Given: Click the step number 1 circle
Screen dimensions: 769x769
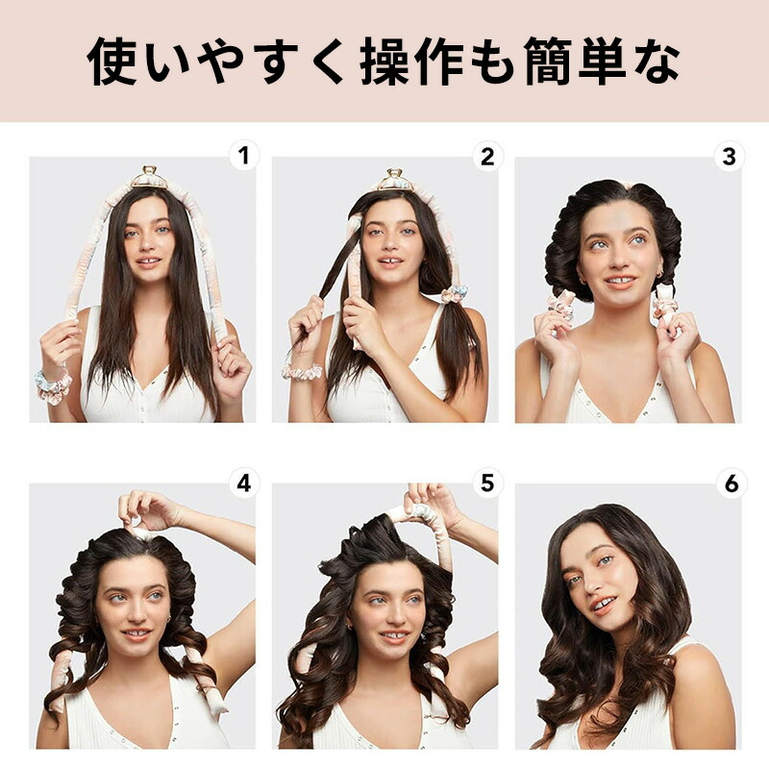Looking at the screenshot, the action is click(x=244, y=156).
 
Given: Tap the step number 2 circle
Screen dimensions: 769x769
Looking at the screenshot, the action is click(x=487, y=156).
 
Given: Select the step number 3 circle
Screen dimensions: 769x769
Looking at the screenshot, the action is click(x=730, y=157).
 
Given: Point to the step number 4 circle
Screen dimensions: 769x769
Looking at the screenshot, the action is click(x=244, y=484).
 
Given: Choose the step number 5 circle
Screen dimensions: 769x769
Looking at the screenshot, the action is click(x=487, y=484).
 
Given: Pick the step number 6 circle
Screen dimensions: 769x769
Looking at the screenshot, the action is click(x=731, y=484).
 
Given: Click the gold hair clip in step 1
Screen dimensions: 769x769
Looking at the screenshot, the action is click(x=150, y=177).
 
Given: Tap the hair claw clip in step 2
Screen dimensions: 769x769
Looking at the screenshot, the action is click(x=395, y=180).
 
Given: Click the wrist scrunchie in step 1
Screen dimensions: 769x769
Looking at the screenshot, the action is click(x=53, y=386).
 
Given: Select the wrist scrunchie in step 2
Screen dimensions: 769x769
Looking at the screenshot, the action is click(x=302, y=372).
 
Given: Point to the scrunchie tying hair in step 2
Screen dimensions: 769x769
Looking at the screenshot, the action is click(x=454, y=294).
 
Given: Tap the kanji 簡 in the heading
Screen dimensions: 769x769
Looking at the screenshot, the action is click(x=548, y=62).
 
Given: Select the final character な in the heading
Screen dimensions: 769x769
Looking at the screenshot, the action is click(x=657, y=62).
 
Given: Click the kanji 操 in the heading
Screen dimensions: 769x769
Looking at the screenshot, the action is click(x=385, y=62).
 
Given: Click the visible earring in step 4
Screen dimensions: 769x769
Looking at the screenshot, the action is click(x=168, y=619).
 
